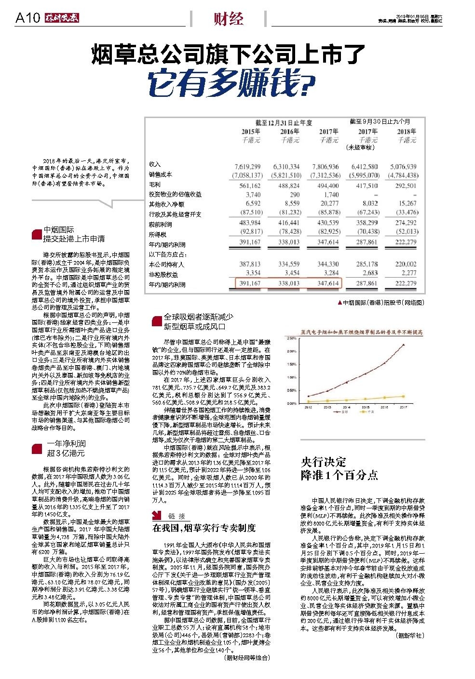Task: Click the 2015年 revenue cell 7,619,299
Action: [x=250, y=166]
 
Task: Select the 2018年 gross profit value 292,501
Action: [x=406, y=186]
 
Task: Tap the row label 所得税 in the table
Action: [x=157, y=234]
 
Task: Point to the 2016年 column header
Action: [x=289, y=132]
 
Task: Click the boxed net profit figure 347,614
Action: [x=328, y=284]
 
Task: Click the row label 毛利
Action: [x=154, y=185]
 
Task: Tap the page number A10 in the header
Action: [x=27, y=19]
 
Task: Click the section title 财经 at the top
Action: [x=229, y=19]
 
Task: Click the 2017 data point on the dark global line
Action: [x=404, y=344]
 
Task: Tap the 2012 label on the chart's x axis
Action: [x=308, y=407]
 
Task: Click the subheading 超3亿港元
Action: [x=66, y=453]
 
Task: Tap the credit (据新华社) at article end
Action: [x=409, y=636]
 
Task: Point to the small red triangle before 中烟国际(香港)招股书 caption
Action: [x=339, y=303]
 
